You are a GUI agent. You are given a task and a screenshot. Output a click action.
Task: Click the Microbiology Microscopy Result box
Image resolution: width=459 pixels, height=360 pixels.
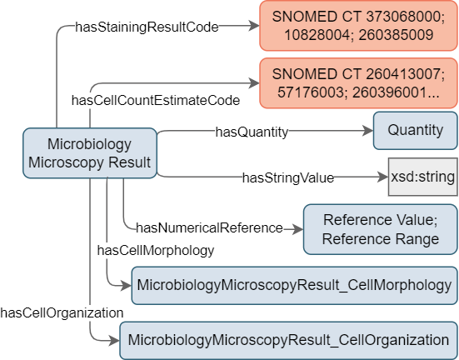(90, 152)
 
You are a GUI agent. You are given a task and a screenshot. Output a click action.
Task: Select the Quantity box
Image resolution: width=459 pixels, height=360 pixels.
(415, 131)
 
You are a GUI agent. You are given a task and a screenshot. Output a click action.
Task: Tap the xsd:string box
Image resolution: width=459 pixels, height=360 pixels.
(422, 177)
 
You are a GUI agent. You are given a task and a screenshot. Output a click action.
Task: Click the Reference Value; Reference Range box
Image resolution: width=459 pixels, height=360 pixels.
(380, 229)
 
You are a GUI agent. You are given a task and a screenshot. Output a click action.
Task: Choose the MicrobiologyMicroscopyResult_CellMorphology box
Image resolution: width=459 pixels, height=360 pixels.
(294, 286)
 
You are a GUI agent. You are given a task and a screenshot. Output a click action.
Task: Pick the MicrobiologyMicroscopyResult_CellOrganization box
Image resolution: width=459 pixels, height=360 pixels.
(288, 341)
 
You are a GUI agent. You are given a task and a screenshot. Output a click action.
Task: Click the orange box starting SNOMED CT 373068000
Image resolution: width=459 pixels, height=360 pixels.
(358, 26)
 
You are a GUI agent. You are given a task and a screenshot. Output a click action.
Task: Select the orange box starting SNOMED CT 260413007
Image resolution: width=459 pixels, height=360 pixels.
(358, 83)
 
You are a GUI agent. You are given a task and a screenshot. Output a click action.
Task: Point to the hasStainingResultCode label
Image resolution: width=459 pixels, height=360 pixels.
(147, 27)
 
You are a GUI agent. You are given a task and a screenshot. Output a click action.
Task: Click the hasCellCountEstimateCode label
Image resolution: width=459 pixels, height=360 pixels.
(156, 101)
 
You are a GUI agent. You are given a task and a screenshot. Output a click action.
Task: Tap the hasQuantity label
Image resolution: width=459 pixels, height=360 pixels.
(252, 132)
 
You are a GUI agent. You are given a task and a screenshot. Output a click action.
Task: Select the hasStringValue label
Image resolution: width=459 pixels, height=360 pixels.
(288, 177)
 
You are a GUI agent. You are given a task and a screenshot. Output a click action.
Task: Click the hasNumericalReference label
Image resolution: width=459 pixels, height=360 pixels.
(209, 227)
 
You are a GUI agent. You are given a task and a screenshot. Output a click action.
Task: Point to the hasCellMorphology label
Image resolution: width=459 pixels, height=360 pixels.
(156, 251)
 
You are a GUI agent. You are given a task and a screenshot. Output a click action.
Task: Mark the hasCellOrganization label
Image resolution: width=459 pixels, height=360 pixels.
(62, 312)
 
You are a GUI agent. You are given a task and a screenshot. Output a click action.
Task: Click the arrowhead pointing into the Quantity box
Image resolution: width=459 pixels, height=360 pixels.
(368, 131)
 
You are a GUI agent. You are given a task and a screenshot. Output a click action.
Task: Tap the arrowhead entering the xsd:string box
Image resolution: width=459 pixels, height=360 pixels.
(383, 177)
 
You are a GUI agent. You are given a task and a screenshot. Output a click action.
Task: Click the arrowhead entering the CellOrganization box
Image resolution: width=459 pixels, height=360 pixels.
(114, 341)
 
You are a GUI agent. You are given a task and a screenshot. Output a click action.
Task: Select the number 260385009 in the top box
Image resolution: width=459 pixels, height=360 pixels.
(396, 35)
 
